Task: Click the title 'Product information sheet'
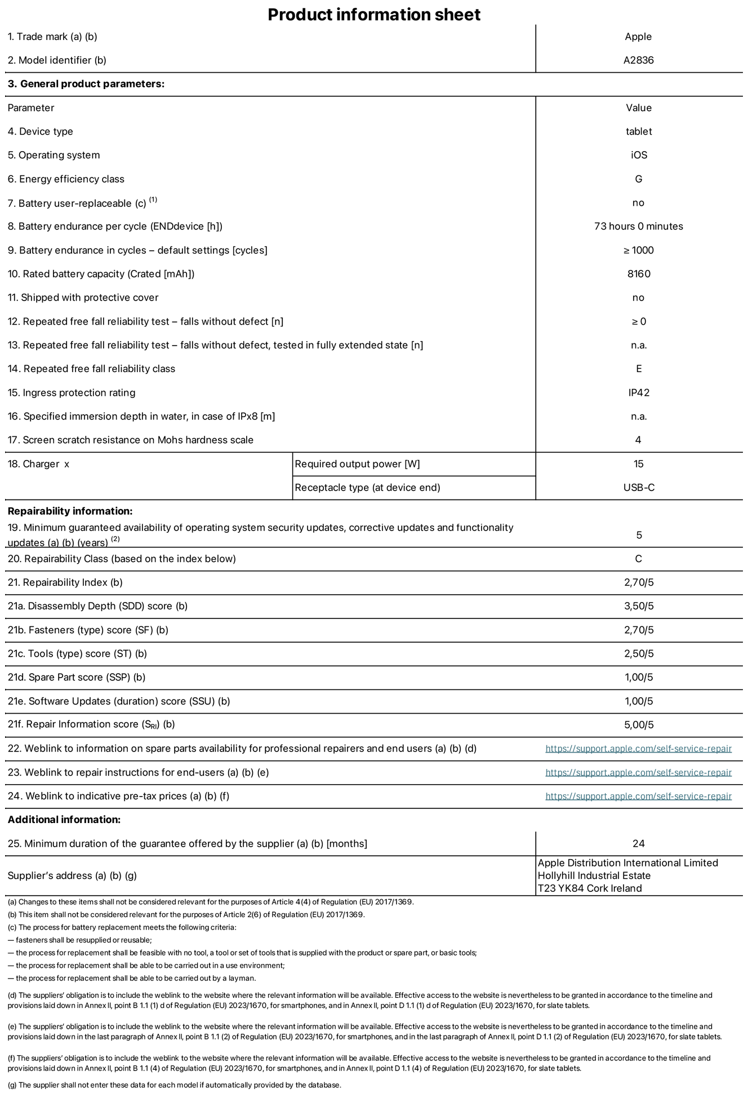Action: pyautogui.click(x=374, y=15)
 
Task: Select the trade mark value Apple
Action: pyautogui.click(x=638, y=37)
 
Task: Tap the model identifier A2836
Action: pyautogui.click(x=638, y=60)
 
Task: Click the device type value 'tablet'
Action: pyautogui.click(x=638, y=131)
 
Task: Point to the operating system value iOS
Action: pyautogui.click(x=638, y=155)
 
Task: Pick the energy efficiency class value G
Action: pyautogui.click(x=638, y=179)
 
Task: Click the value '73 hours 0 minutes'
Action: pyautogui.click(x=638, y=227)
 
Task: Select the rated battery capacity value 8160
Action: pyautogui.click(x=638, y=274)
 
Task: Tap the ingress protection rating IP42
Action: pyautogui.click(x=638, y=393)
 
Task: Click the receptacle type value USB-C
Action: pyautogui.click(x=638, y=488)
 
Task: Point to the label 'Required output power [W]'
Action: pyautogui.click(x=357, y=464)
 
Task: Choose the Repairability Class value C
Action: pyautogui.click(x=638, y=559)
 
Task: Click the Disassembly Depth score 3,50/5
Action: pyautogui.click(x=638, y=607)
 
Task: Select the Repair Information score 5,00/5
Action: pyautogui.click(x=638, y=725)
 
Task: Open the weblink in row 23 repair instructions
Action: pyautogui.click(x=638, y=772)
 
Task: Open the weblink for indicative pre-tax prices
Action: pyautogui.click(x=638, y=796)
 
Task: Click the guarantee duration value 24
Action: pyautogui.click(x=638, y=844)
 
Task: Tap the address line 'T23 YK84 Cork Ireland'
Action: pyautogui.click(x=589, y=888)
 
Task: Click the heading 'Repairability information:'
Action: pyautogui.click(x=70, y=511)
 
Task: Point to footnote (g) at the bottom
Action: pyautogui.click(x=174, y=1085)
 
